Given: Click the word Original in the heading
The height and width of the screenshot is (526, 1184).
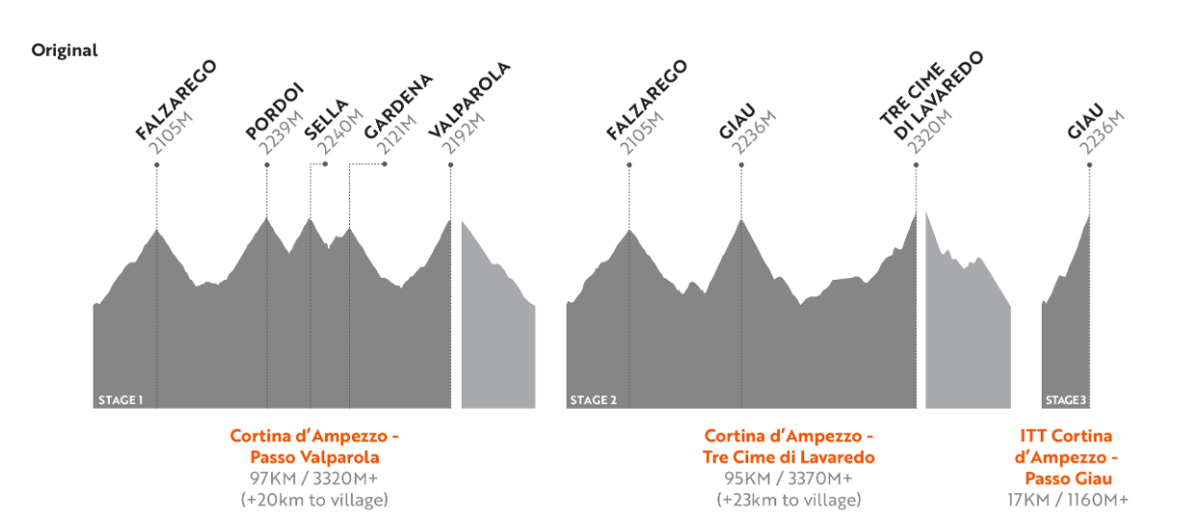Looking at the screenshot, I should point(64,50).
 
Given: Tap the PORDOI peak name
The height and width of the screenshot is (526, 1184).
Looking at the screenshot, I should point(274,112).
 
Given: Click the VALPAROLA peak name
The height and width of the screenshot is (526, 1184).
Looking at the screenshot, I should point(468,100).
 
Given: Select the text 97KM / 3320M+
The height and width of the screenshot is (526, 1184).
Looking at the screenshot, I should point(315,478).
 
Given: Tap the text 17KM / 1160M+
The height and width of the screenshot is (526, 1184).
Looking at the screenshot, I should point(1067,499).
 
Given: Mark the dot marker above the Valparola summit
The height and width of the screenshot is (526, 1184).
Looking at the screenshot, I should point(450,164).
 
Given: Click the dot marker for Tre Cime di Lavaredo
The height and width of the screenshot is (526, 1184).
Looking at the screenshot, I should point(916,164).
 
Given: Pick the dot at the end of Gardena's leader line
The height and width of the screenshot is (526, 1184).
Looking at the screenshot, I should point(385,164).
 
